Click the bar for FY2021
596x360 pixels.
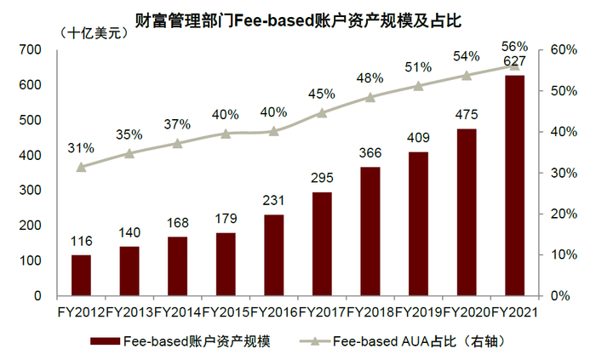tap(514, 186)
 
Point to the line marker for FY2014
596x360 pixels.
tap(177, 143)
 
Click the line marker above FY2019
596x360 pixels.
tap(418, 86)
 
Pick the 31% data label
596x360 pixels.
tap(81, 148)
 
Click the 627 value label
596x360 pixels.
tap(514, 61)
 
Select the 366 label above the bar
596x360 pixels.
tap(370, 154)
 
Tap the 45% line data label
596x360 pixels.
tap(322, 94)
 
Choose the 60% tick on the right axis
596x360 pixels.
tap(564, 50)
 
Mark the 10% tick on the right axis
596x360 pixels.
tap(564, 254)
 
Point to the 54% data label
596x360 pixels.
tap(466, 56)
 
